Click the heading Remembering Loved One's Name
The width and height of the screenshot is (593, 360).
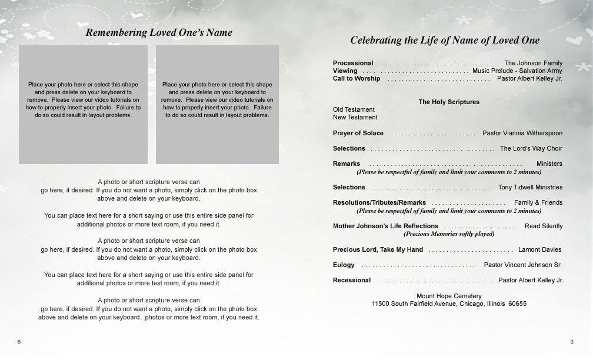point(159,33)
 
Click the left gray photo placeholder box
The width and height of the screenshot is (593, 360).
point(83,104)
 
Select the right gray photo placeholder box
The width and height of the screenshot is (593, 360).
point(216,104)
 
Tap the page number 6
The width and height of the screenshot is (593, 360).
point(19,342)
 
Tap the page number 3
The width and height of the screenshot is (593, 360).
point(571,342)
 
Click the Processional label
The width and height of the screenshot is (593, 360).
point(353,63)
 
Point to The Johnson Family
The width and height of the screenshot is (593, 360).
point(533,63)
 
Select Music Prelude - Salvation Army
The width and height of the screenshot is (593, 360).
point(517,71)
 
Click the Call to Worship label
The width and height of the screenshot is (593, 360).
point(356,78)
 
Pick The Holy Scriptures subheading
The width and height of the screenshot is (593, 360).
point(448,102)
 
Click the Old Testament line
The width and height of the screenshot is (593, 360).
point(354,109)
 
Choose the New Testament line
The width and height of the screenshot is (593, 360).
point(355,117)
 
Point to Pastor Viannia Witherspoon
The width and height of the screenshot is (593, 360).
point(522,133)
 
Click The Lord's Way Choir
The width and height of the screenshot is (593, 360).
point(531,148)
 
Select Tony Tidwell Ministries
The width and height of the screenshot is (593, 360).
point(530,187)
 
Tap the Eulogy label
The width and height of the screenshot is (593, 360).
point(344,265)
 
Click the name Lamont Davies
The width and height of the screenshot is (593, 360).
point(539,249)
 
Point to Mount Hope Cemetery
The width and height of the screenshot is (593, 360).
point(448,296)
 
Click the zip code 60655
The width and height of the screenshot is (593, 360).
point(517,304)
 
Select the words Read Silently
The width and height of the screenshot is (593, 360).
point(543,226)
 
